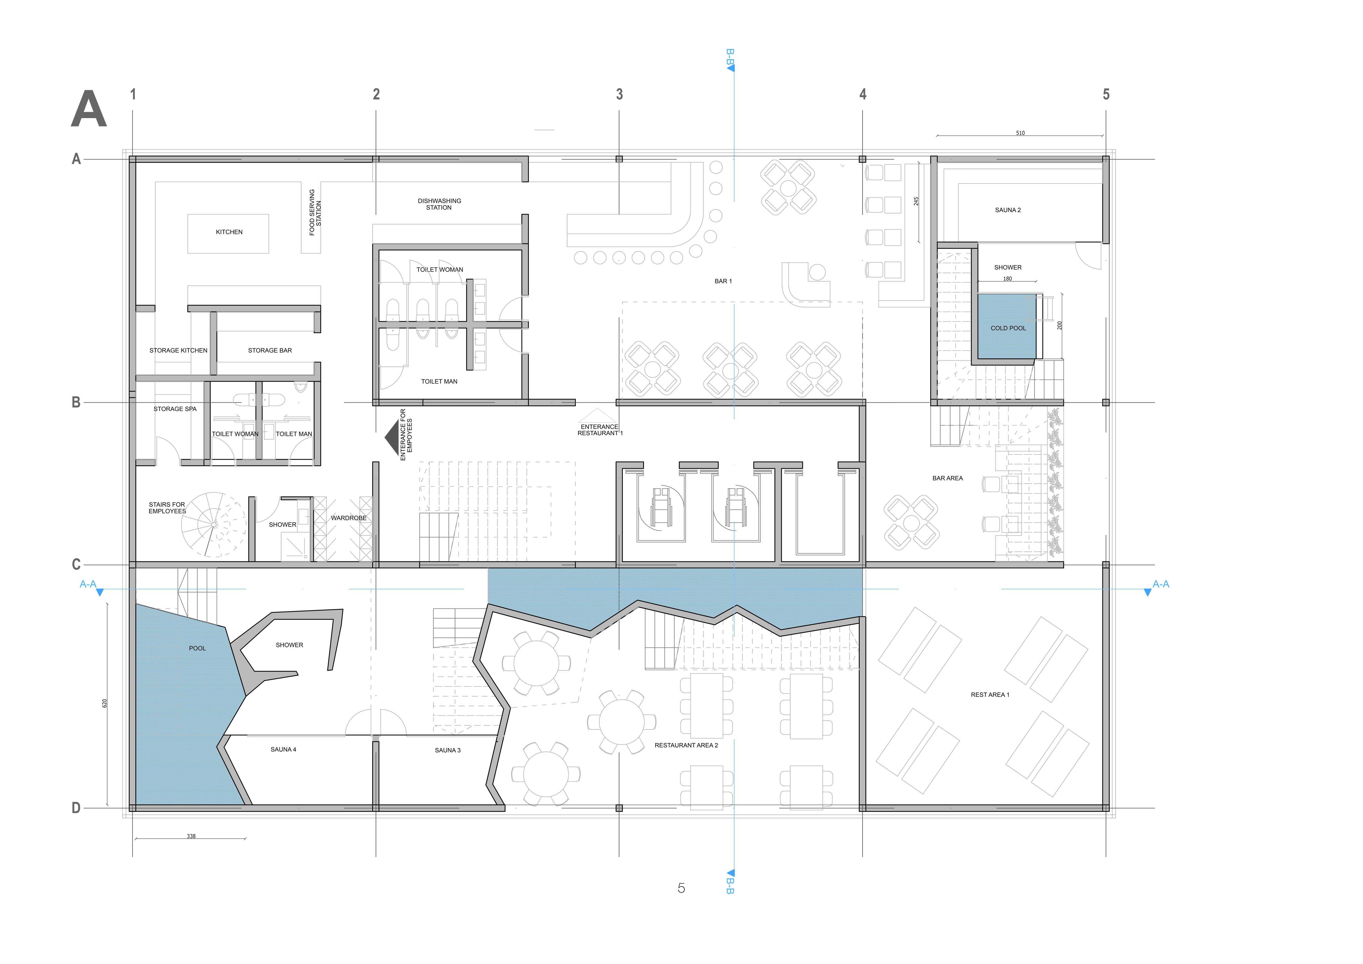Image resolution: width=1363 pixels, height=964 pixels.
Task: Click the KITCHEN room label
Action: (229, 232)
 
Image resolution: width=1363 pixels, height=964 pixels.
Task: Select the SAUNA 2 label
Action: (1008, 210)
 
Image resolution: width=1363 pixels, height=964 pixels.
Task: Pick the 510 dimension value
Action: (1020, 133)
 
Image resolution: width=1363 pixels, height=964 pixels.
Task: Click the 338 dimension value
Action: (191, 836)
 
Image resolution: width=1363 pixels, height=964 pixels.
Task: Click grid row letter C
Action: (76, 564)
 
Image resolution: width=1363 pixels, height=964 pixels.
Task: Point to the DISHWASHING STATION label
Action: (439, 204)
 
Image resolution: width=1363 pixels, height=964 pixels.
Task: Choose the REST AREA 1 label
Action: (990, 694)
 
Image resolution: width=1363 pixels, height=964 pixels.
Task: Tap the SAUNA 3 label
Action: (448, 750)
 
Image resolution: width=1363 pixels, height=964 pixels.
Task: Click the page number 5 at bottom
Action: (681, 888)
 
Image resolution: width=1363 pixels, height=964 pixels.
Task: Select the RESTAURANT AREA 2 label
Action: (686, 745)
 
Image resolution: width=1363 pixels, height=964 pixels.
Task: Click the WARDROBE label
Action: (348, 518)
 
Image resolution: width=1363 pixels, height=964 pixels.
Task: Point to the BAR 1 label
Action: (723, 281)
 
